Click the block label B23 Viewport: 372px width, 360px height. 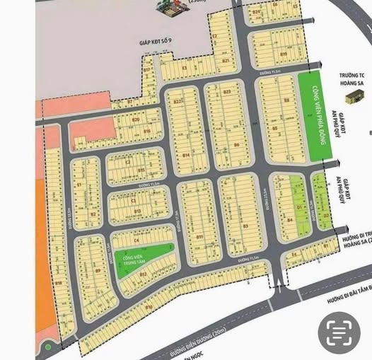227,92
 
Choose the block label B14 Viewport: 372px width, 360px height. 185,154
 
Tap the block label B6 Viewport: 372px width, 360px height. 236,146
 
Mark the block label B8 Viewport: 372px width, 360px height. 286,101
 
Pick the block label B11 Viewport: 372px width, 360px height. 200,236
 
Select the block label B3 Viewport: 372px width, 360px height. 245,226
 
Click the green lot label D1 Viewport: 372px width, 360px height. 299,207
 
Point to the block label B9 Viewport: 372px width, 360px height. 97,270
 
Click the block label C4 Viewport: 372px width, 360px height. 136,241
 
